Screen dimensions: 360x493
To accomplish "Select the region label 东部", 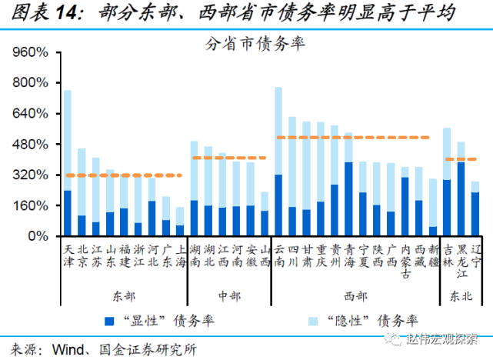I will point(123,296).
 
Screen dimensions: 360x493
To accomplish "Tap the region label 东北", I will point(459,296).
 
